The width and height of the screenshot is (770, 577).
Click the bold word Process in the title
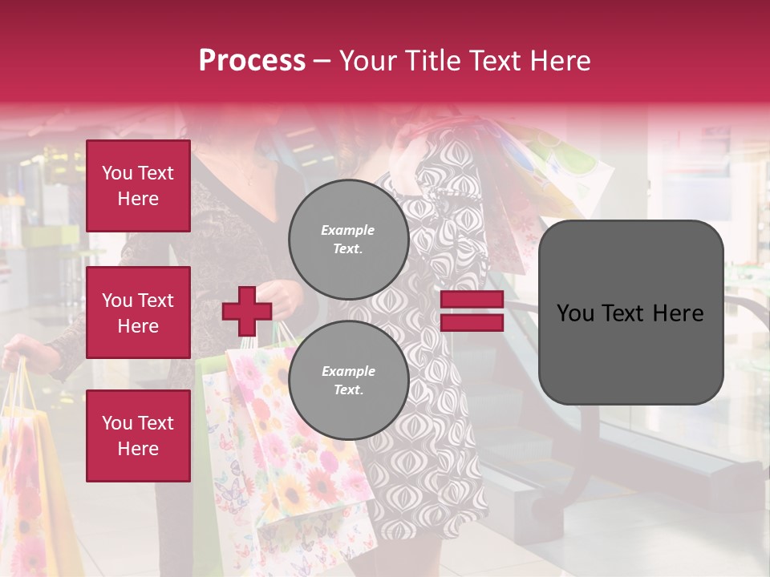click(252, 61)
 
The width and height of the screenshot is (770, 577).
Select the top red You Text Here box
click(138, 186)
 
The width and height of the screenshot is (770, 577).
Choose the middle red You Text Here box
click(138, 313)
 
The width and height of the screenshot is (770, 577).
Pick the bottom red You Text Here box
click(138, 436)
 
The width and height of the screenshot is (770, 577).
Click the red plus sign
click(247, 312)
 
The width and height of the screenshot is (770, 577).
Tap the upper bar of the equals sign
click(472, 300)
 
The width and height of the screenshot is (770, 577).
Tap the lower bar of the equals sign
click(472, 323)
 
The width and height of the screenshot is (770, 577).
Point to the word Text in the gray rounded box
click(630, 313)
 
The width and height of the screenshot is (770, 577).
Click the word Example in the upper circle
click(347, 230)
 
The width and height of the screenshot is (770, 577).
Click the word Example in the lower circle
click(348, 371)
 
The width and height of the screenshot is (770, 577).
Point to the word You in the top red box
click(116, 173)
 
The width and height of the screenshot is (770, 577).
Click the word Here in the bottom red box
click(138, 449)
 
